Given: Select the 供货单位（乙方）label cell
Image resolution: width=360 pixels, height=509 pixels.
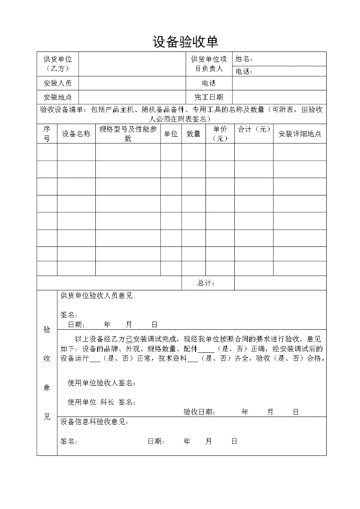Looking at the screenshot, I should click(58, 63).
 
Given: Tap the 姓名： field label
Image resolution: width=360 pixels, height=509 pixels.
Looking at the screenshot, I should click(244, 58).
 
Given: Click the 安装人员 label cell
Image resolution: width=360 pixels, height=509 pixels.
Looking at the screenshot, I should click(58, 84).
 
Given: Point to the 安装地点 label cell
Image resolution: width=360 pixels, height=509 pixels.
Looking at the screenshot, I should click(58, 96).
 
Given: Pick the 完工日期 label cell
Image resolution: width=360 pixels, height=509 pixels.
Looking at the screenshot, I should click(209, 96).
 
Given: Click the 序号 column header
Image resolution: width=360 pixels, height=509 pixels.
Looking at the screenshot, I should click(47, 134).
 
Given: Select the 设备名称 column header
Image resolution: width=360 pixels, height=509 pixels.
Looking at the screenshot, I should click(76, 134).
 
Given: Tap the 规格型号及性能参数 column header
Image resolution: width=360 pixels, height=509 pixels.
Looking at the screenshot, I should click(128, 134).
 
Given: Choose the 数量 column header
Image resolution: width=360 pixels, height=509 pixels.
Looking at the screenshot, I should click(194, 134).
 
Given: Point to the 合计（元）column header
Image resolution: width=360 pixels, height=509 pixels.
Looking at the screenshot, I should click(253, 130).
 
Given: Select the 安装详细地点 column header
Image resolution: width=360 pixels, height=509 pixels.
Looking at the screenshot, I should click(299, 134).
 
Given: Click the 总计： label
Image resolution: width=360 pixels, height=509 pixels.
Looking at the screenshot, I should click(206, 283).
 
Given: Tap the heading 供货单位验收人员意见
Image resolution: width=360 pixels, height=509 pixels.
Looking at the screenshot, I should click(96, 296).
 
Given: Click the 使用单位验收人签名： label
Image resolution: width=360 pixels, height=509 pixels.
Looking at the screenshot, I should click(102, 382).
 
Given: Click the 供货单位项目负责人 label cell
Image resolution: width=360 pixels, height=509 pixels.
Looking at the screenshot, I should click(209, 63).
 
